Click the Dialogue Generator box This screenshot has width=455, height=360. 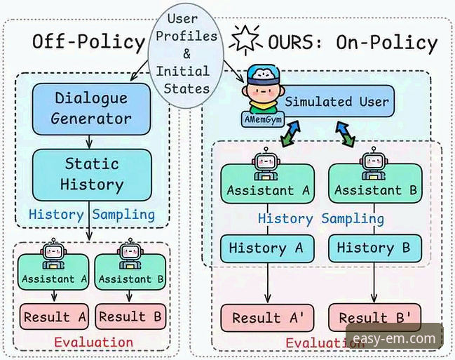pos(91,108)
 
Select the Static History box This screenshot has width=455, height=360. pos(91,175)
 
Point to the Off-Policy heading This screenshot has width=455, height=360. pos(88,42)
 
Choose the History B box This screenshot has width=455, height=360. pos(375,248)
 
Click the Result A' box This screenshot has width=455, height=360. pos(268,318)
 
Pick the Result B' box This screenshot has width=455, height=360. pos(375,318)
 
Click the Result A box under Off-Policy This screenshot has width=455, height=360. pos(54,316)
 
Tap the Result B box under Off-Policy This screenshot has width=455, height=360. pos(130,316)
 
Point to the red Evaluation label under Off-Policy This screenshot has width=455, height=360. pos(93,342)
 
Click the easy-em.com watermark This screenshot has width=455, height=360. pos(394,340)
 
